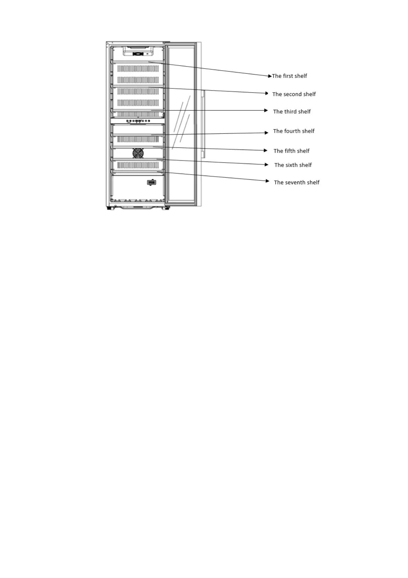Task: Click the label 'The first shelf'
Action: click(289, 76)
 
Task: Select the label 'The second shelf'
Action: click(294, 94)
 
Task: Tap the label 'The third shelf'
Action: click(292, 112)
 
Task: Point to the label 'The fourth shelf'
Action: click(293, 131)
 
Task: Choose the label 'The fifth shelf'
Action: click(291, 151)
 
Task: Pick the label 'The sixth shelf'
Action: click(293, 165)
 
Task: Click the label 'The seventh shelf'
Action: click(297, 182)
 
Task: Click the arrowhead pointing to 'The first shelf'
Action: click(269, 76)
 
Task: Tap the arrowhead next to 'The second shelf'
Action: click(266, 93)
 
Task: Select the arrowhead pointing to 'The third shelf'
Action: click(266, 110)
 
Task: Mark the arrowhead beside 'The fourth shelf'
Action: click(266, 133)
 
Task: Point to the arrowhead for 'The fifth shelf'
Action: click(266, 150)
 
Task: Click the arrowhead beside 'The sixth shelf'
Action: click(266, 165)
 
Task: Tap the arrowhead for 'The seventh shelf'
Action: click(267, 181)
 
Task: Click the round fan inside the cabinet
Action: click(138, 153)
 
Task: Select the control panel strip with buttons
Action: click(137, 121)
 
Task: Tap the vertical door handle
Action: click(203, 124)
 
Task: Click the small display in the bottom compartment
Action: click(152, 182)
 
